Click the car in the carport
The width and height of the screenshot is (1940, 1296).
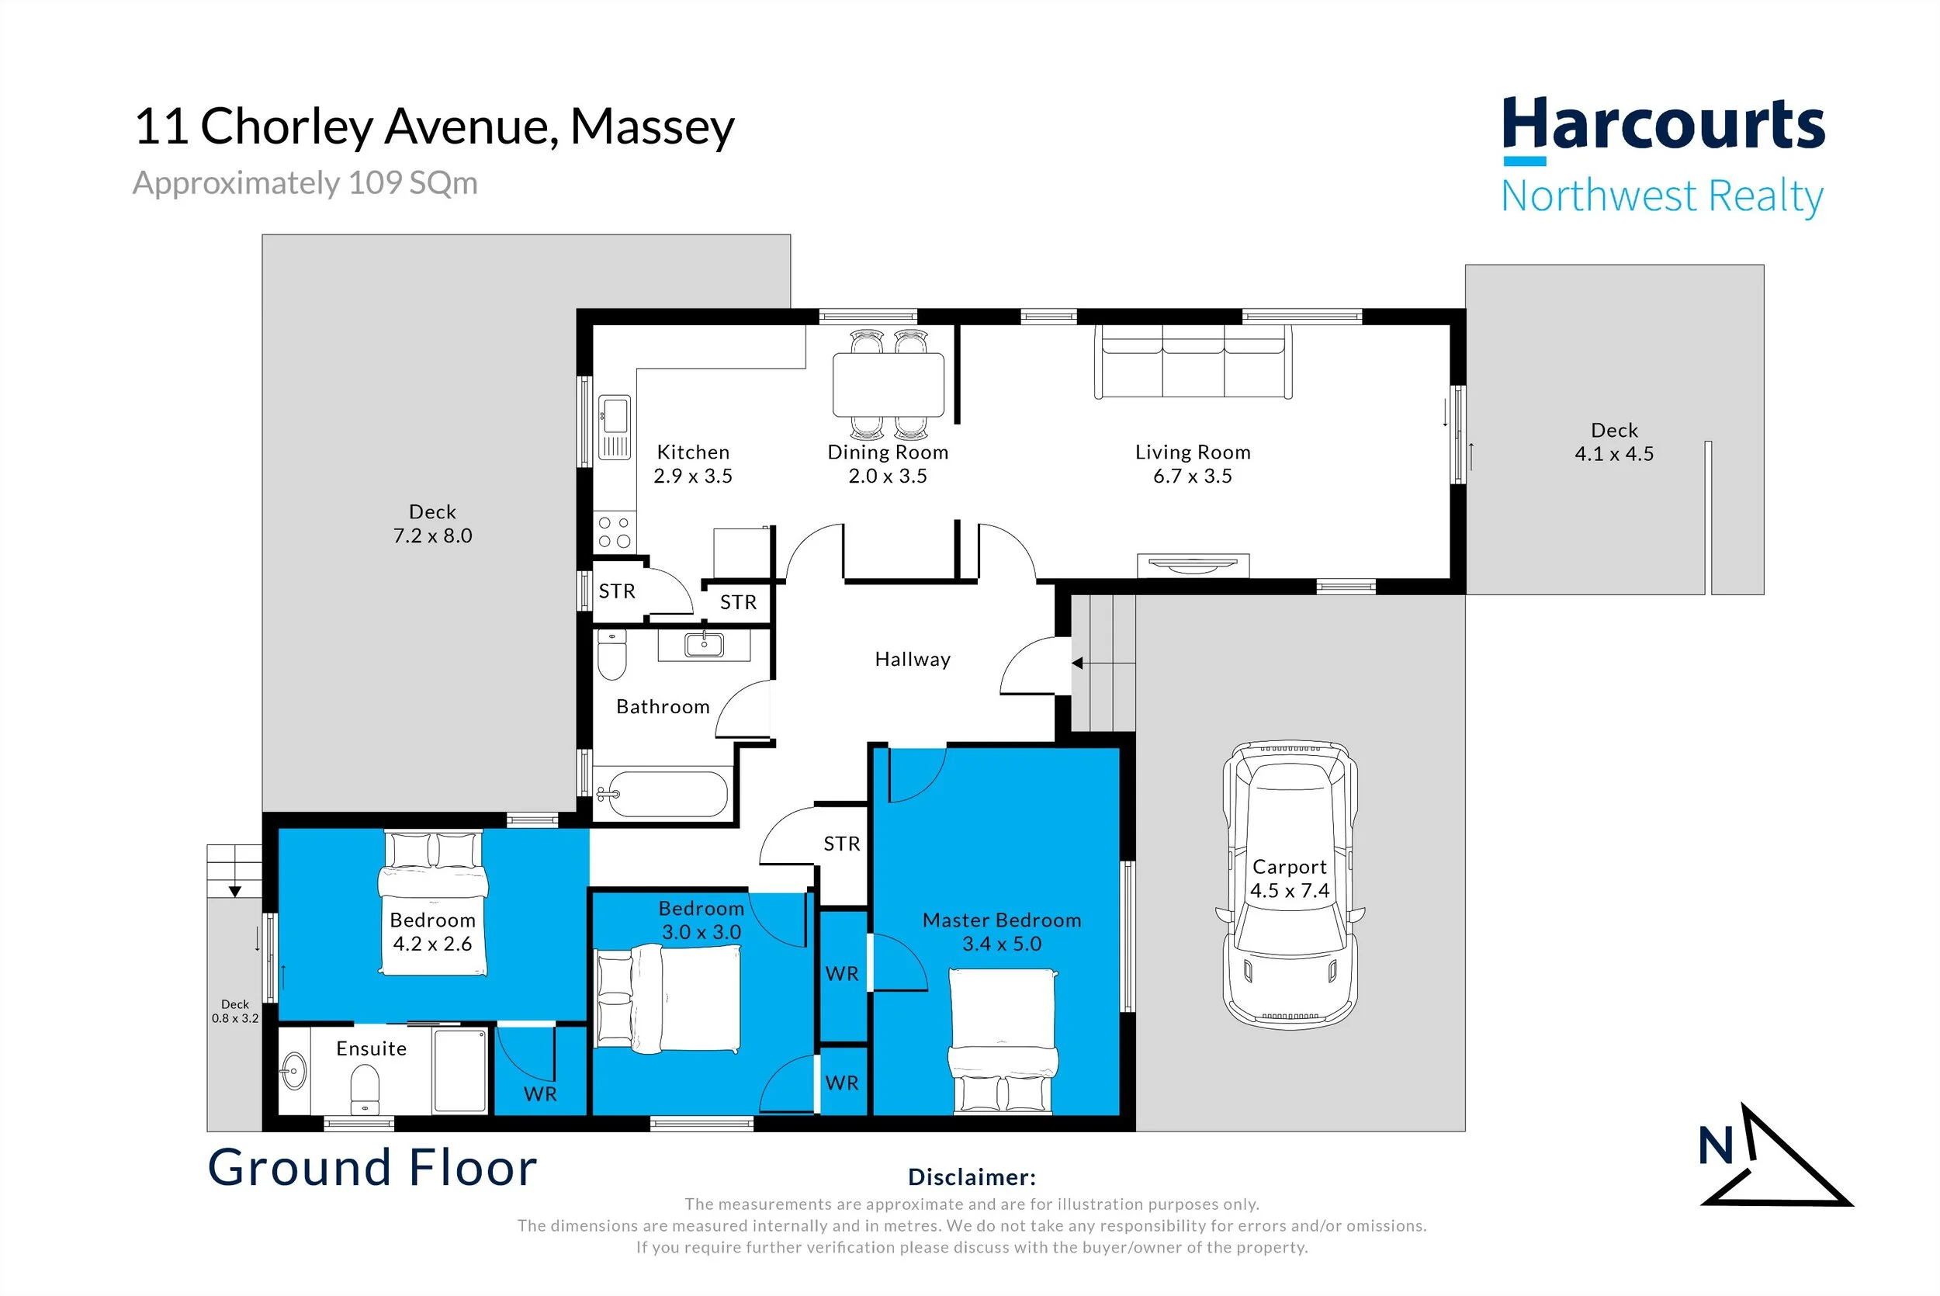pos(1290,885)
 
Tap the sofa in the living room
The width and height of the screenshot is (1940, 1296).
pos(1193,362)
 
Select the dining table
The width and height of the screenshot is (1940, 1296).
pos(889,384)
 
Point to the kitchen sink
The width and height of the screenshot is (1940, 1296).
pos(614,428)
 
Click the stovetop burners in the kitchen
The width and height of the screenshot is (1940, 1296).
pos(614,532)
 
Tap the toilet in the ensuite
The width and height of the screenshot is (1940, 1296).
pos(365,1090)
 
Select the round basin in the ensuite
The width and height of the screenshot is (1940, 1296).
pos(293,1072)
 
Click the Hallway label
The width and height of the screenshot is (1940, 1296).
pos(912,660)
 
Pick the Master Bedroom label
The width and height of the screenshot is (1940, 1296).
pos(1001,920)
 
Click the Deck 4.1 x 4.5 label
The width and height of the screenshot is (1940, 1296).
pos(1613,442)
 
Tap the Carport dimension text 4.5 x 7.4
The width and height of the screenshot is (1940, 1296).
pos(1289,891)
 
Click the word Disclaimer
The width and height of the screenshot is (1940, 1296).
pos(972,1177)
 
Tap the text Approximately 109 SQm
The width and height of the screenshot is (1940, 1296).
pos(305,182)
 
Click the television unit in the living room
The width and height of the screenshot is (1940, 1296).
pos(1193,565)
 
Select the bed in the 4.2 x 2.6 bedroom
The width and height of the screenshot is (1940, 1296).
pos(433,903)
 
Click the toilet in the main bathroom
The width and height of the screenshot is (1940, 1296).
pos(611,656)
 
